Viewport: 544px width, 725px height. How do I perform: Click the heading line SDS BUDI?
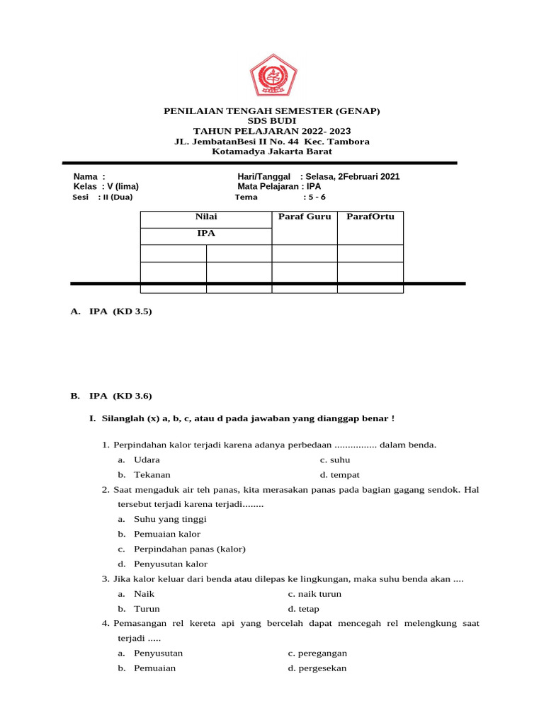(272, 121)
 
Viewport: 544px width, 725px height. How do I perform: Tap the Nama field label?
(89, 176)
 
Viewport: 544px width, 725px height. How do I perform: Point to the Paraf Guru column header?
(305, 217)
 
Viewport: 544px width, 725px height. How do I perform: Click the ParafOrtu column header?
(370, 217)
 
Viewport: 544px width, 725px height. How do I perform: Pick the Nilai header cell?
(206, 217)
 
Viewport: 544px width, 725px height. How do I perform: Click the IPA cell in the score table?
(206, 234)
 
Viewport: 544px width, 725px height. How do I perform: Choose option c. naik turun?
(314, 594)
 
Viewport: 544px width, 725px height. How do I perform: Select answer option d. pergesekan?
(317, 668)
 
